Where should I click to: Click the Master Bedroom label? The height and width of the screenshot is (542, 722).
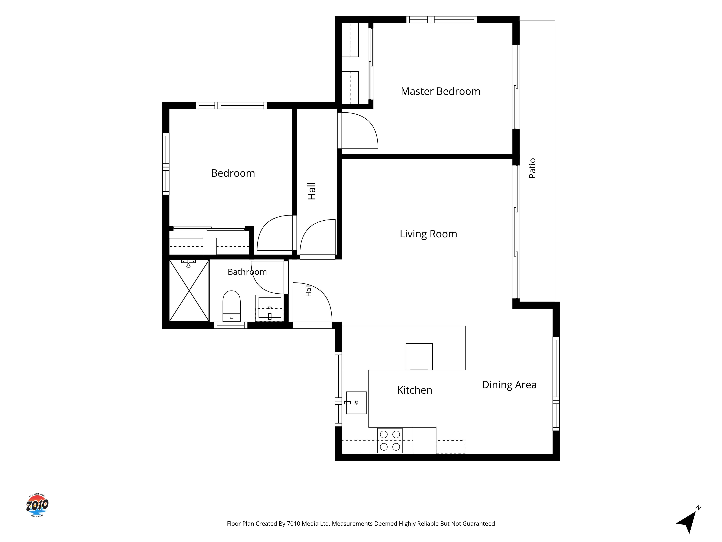click(440, 91)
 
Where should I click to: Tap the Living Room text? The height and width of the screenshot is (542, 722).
click(428, 234)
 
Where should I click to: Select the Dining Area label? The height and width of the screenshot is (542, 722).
click(509, 385)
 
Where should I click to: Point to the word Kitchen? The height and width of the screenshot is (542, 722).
click(415, 390)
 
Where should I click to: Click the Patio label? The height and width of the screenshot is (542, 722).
click(532, 168)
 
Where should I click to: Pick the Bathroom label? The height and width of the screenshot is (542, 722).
click(247, 272)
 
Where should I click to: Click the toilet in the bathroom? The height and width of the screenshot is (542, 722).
click(231, 306)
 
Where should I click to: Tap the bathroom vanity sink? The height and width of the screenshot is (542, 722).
click(270, 308)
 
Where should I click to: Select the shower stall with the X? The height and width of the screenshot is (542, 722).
click(189, 291)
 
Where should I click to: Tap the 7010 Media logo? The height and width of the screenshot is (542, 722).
click(37, 505)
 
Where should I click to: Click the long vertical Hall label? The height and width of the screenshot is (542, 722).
click(311, 191)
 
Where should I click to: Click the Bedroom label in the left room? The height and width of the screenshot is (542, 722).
click(233, 173)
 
